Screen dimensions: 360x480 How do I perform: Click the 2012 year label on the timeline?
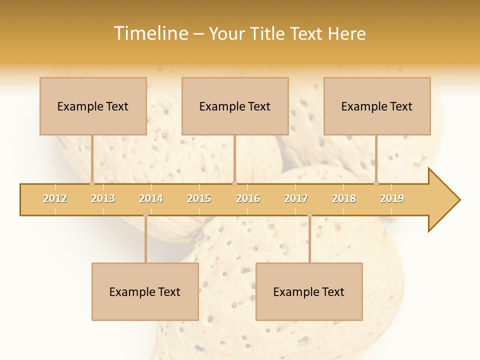[55, 198]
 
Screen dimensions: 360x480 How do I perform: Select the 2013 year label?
[103, 198]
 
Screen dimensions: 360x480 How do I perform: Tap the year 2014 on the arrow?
[151, 198]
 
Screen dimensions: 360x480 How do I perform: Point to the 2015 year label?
[199, 198]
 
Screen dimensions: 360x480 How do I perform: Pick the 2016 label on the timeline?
[248, 198]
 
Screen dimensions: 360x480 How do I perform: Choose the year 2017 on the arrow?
[296, 198]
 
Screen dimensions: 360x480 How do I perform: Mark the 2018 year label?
[344, 198]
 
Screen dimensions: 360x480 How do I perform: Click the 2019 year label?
[392, 198]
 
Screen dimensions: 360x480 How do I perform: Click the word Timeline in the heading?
[150, 33]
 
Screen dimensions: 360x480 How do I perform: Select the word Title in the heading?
[268, 33]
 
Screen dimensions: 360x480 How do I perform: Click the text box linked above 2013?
[93, 106]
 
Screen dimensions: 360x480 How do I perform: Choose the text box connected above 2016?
[235, 106]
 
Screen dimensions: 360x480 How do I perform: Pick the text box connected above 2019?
[377, 106]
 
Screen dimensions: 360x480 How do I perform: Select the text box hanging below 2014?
[145, 291]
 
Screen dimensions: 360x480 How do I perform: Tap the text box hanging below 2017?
[309, 291]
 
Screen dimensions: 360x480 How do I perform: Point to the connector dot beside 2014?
[145, 215]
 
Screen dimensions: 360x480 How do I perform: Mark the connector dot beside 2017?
[309, 215]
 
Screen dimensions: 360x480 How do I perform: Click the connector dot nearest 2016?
[234, 183]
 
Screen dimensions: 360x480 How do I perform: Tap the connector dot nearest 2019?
[376, 183]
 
